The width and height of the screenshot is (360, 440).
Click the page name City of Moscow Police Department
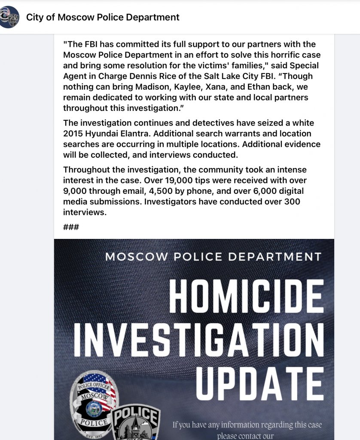[103, 17]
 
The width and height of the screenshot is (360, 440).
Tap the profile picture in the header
[9, 17]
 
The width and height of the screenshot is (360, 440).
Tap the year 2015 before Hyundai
[74, 134]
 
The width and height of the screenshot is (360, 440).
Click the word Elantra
[135, 134]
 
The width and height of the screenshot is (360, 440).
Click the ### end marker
[71, 226]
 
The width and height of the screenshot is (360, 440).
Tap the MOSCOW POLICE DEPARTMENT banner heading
[213, 257]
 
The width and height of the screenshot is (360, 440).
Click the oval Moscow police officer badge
[92, 403]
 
